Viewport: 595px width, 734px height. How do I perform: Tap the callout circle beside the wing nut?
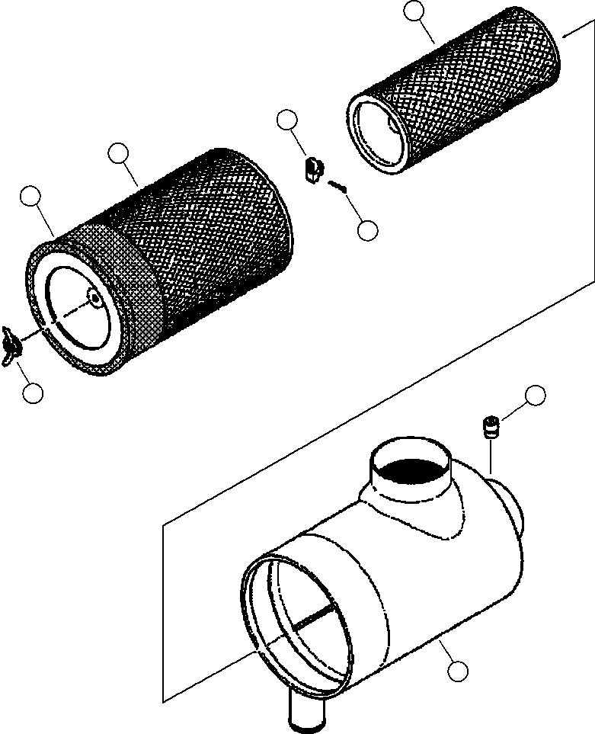coord(32,393)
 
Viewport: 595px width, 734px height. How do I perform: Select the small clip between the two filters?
coord(312,169)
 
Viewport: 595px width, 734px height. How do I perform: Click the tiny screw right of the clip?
coord(337,185)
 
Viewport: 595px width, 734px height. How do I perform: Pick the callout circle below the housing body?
coord(457,671)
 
